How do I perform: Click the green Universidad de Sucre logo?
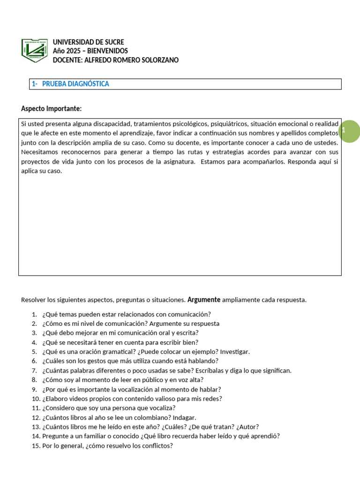[x=34, y=50]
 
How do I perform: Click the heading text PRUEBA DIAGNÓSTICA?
[x=75, y=84]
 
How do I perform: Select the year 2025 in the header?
[x=73, y=51]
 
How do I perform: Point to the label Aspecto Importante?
[x=51, y=109]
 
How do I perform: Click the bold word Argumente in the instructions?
[x=203, y=300]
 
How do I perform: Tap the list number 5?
[x=34, y=352]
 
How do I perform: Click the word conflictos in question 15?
[x=157, y=446]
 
